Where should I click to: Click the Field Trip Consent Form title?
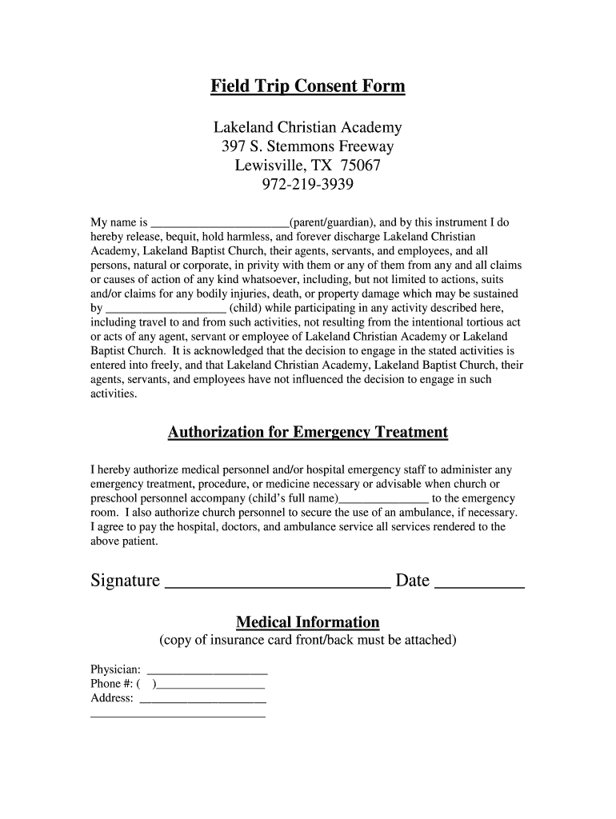(x=308, y=86)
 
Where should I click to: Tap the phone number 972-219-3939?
(x=308, y=186)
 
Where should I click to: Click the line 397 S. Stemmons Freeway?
(x=308, y=147)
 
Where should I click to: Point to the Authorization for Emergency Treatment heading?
(x=308, y=433)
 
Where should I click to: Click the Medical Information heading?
(x=308, y=622)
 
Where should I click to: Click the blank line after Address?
(x=202, y=701)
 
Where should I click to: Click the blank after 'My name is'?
(x=220, y=225)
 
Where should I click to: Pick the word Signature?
(x=125, y=581)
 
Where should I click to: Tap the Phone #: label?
(x=111, y=684)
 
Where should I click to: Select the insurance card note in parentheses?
(x=308, y=641)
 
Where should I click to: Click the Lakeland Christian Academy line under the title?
(x=308, y=128)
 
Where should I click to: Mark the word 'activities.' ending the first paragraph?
(x=114, y=394)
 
